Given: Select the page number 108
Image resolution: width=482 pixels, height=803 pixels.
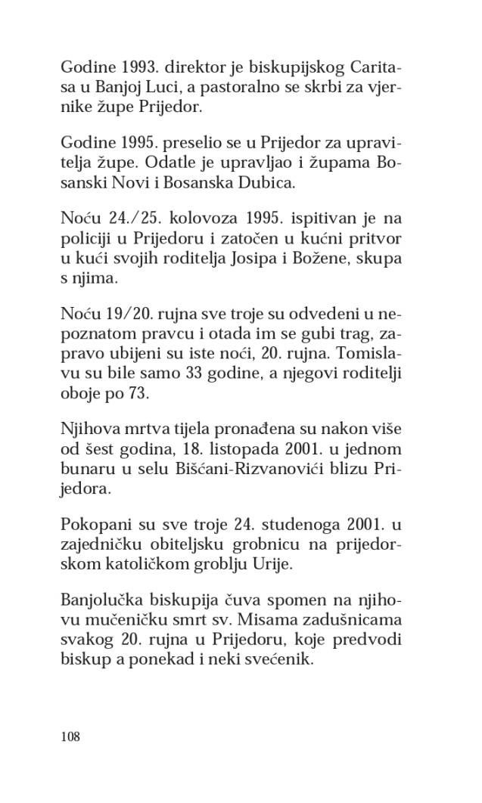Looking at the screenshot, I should (x=70, y=736).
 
